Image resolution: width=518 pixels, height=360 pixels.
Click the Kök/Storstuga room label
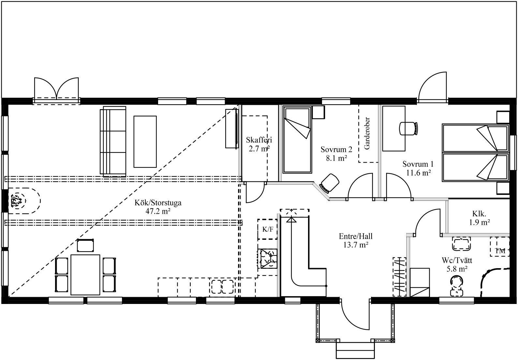click(158, 207)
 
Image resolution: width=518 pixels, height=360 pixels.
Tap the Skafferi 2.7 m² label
click(259, 144)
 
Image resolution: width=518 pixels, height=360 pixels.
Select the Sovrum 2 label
click(336, 154)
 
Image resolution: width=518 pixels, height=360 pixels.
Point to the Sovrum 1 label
click(418, 168)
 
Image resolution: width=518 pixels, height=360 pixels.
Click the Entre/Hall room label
click(356, 240)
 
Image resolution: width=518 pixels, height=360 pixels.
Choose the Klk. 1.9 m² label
click(479, 218)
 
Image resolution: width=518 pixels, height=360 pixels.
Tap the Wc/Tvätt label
click(457, 265)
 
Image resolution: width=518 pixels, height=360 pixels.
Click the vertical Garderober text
click(367, 133)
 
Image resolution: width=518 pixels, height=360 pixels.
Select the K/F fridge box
click(268, 229)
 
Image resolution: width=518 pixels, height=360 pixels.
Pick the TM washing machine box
click(500, 247)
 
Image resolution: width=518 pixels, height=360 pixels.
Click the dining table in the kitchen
click(85, 275)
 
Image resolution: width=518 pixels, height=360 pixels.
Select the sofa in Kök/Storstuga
click(113, 141)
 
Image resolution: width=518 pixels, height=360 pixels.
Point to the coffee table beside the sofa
click(145, 142)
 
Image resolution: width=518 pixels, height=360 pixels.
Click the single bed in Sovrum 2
click(297, 139)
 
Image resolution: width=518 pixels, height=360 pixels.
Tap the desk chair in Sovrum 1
click(408, 128)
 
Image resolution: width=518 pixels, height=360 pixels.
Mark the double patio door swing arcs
click(56, 88)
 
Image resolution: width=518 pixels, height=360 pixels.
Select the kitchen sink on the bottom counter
click(222, 286)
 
